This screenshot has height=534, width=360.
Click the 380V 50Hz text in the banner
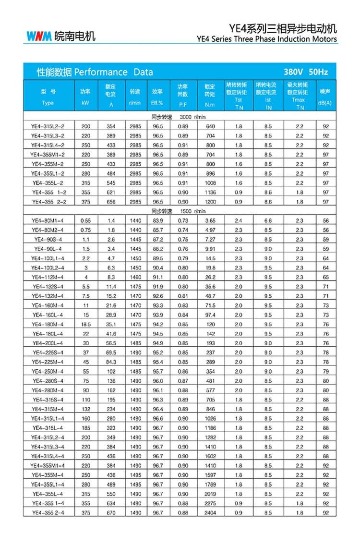pyautogui.click(x=306, y=72)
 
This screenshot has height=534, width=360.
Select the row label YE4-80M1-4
pyautogui.click(x=48, y=220)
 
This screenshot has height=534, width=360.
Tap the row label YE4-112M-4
pyautogui.click(x=48, y=277)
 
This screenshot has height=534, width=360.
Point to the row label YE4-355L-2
pyautogui.click(x=48, y=183)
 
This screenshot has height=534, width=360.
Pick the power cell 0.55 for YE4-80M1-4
pyautogui.click(x=85, y=220)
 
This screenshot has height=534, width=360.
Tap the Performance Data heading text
pyautogui.click(x=95, y=73)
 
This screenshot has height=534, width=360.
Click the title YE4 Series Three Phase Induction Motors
pyautogui.click(x=267, y=39)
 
